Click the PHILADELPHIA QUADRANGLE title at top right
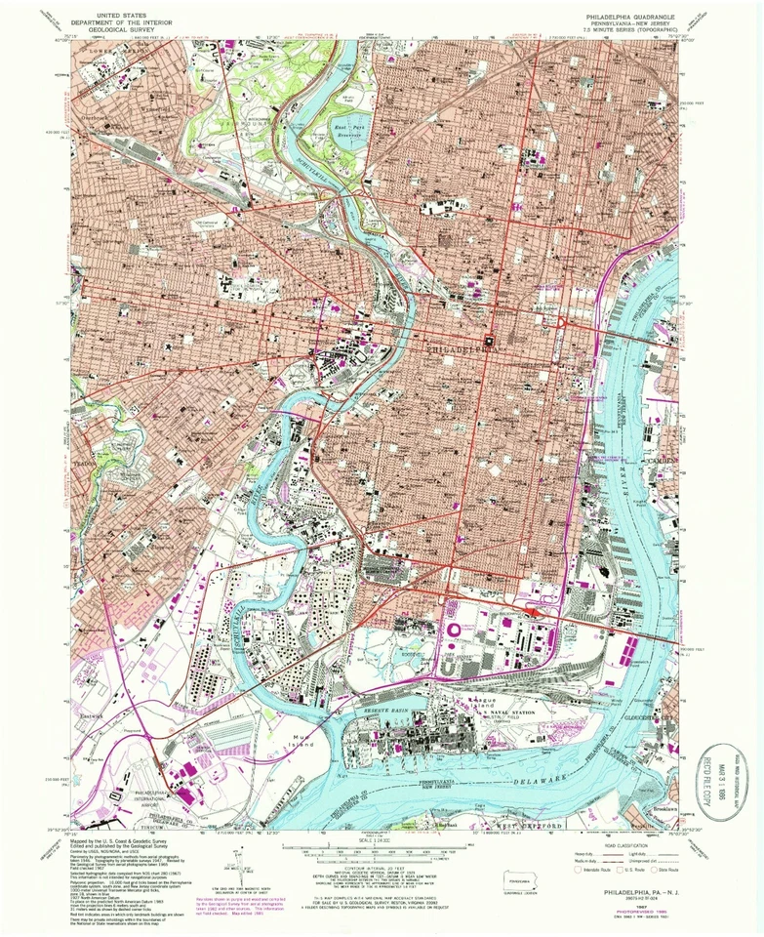(x=624, y=18)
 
